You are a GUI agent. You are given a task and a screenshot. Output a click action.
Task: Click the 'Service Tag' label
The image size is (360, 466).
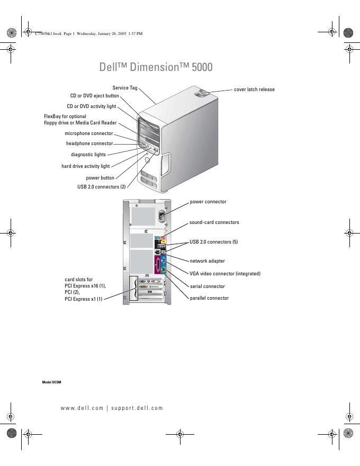coord(125,87)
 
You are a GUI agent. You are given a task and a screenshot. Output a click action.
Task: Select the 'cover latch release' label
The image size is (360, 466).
coord(254,89)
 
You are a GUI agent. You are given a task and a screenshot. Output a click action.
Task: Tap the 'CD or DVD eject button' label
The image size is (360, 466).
coord(94,96)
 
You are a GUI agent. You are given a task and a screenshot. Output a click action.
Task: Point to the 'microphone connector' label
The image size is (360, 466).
coord(88,133)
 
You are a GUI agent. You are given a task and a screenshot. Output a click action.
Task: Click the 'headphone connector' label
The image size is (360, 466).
coord(89,143)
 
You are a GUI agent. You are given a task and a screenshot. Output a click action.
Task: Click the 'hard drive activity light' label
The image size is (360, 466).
coord(85,166)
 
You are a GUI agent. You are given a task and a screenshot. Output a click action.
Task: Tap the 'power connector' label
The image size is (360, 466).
coord(208,202)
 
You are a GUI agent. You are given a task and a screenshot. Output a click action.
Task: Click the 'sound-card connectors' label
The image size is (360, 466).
coord(214,222)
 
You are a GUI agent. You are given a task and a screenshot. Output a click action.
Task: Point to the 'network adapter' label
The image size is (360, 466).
coord(207,261)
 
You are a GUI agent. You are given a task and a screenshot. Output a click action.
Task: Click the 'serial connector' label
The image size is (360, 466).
coord(207,286)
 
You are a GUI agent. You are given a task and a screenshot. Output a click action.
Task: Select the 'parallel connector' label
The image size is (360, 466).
coord(209,298)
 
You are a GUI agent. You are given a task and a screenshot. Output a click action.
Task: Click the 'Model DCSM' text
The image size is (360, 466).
coord(52,382)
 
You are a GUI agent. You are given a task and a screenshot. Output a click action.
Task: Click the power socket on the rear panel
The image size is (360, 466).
coord(164,216)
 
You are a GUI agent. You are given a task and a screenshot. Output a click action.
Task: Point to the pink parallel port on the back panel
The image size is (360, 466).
coord(157,266)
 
